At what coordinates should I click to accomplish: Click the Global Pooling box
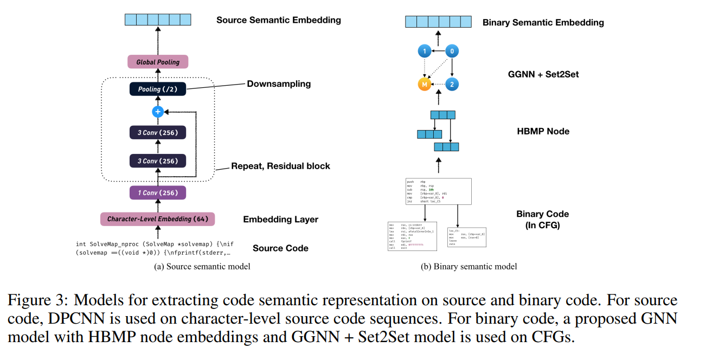158,62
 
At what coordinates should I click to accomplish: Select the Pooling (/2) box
158,89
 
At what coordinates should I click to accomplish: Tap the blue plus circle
158,112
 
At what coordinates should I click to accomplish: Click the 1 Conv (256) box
158,192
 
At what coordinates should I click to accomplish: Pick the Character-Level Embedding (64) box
158,219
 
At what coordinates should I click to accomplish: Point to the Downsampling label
279,84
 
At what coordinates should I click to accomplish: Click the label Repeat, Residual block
280,166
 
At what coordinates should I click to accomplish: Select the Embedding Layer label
280,220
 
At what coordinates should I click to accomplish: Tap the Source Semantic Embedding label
279,20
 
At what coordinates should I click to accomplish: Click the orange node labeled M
424,85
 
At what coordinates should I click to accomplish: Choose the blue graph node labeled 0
452,52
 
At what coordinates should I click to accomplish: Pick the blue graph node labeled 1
424,52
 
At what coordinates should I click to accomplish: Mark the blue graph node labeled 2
452,85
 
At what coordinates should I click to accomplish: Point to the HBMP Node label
543,131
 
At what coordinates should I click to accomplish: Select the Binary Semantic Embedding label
543,23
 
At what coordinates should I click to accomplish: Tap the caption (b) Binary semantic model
469,266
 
